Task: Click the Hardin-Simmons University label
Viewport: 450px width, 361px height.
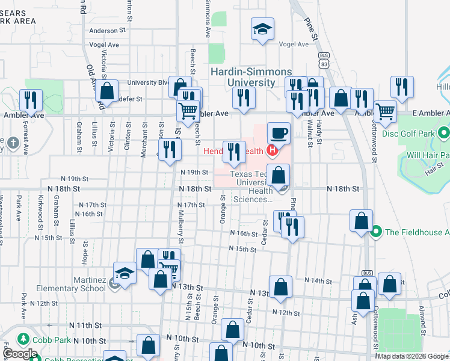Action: (x=242, y=77)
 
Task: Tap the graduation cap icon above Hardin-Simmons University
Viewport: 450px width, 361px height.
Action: (x=262, y=29)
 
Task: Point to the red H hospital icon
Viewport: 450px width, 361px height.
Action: (x=273, y=150)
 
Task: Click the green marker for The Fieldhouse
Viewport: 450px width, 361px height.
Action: (x=377, y=231)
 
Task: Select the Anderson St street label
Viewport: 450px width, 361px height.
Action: (x=110, y=30)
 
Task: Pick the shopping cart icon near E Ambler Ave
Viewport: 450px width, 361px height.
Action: (x=385, y=111)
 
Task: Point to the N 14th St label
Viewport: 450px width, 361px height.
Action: (x=318, y=281)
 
